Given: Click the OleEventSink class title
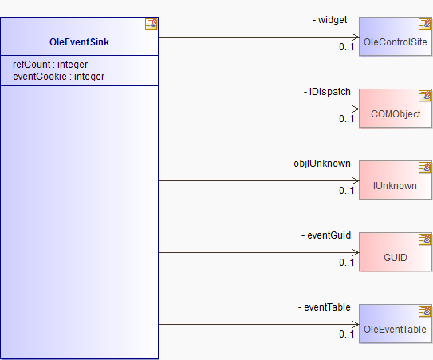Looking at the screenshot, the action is (x=79, y=42).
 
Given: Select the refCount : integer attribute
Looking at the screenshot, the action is (x=48, y=65).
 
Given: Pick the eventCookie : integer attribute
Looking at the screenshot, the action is (x=56, y=77).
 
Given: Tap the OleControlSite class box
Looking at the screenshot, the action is (x=396, y=37).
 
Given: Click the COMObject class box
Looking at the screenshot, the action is (x=396, y=109).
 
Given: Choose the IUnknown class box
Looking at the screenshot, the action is (x=396, y=180).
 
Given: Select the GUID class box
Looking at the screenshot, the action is (x=396, y=252).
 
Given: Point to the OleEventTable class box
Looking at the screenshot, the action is (x=396, y=324).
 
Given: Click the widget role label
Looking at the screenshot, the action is (x=329, y=20).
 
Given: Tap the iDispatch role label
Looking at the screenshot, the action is (x=327, y=92).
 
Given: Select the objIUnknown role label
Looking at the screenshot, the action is (x=319, y=164).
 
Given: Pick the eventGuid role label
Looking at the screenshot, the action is (x=326, y=235).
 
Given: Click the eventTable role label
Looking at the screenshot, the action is (x=325, y=307).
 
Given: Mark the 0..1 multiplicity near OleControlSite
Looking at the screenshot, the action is (x=347, y=47).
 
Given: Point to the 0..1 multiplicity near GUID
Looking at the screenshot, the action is (x=347, y=263).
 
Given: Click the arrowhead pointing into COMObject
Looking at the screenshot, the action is (x=356, y=109).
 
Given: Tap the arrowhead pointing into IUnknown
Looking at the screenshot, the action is (x=356, y=180).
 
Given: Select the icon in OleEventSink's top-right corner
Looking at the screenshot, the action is (x=151, y=24).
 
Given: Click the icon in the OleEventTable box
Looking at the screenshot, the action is (x=425, y=311).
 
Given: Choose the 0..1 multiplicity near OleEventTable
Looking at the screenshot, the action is (x=347, y=334).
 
